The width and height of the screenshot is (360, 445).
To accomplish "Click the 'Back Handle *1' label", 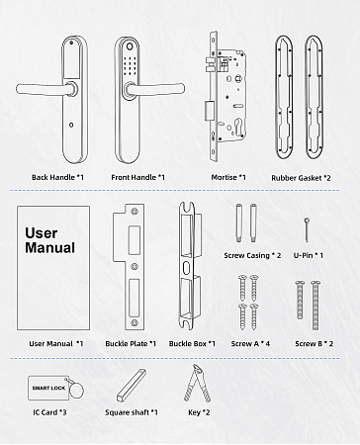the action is point(57,177).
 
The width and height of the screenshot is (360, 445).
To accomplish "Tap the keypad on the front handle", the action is point(132,65).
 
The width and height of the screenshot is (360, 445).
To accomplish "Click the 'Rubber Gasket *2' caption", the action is point(301,178).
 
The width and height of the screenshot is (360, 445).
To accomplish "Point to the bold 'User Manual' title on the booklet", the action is point(50,240).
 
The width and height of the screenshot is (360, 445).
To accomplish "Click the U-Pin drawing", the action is point(307,229).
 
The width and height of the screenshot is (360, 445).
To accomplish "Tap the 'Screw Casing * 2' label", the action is point(252,255).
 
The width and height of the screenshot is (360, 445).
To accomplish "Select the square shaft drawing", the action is point(132,386).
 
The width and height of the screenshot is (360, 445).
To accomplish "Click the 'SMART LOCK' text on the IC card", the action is point(48,388).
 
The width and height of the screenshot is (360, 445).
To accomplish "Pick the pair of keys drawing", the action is point(198,383).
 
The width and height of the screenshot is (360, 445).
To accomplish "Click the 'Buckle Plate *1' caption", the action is point(131,343).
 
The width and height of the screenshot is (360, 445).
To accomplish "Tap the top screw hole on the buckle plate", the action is point(135,211).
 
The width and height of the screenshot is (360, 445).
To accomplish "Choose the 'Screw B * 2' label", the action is point(314,343).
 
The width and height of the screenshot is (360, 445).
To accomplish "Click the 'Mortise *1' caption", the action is point(228,177).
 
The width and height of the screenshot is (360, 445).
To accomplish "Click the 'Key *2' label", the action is point(199,412).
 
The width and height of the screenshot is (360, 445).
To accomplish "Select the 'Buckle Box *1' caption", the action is point(192,343).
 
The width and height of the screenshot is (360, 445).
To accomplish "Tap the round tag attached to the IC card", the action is point(76,389).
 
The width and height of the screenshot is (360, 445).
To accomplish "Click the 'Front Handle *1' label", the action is point(137,177).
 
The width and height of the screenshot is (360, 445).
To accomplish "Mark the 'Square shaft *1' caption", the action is point(132,412).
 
